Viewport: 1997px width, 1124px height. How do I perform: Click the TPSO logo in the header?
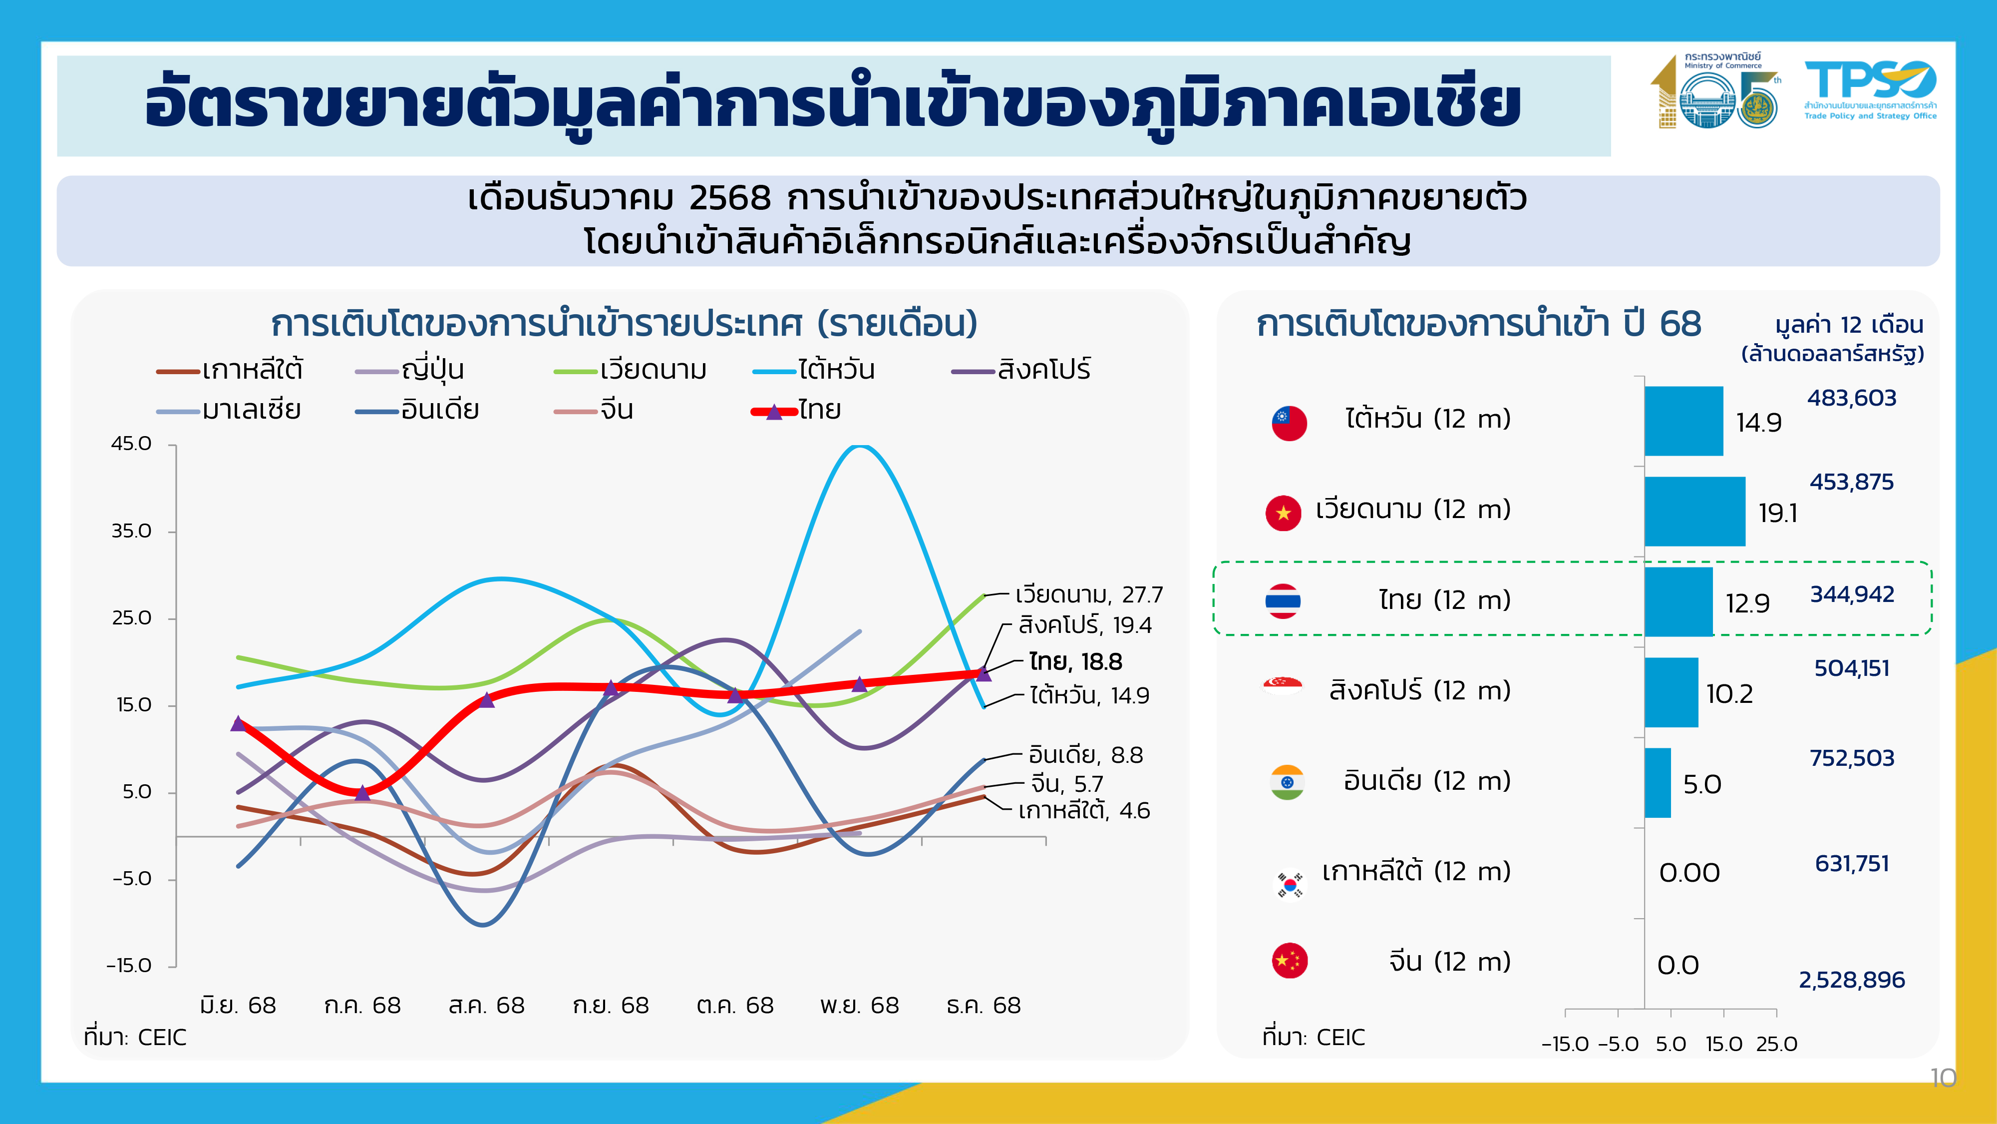tap(1869, 90)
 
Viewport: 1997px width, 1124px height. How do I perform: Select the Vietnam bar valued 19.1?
tap(1694, 511)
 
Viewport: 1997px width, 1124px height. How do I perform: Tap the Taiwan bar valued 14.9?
tap(1684, 421)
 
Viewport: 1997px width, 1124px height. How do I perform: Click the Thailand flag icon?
tap(1283, 601)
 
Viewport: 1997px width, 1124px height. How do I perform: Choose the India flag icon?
tap(1288, 782)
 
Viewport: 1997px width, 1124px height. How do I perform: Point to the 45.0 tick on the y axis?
tap(132, 444)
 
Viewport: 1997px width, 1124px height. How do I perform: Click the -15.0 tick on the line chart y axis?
tap(129, 966)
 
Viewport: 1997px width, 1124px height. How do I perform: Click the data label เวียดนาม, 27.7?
tap(1088, 595)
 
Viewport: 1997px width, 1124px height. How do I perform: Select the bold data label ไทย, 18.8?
tap(1075, 662)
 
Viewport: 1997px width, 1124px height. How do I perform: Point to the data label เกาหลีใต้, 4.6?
tap(1084, 811)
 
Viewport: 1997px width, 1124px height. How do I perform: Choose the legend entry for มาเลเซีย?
tap(251, 410)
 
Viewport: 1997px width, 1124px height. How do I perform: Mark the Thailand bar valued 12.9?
tap(1678, 602)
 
